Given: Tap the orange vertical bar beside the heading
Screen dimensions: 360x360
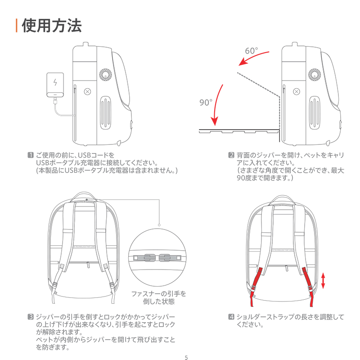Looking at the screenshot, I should coord(17,26).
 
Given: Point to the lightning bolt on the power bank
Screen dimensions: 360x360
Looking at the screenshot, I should coord(55,83).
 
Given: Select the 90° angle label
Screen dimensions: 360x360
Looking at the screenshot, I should coord(206,103).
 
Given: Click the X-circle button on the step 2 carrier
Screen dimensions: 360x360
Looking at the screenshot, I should coord(296,91).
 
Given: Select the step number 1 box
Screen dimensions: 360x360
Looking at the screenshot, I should coord(31,155).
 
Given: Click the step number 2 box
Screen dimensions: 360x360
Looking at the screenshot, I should coord(231,155).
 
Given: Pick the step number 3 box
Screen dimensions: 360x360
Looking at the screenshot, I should coord(31,316).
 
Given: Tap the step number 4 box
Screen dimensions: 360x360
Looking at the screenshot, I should coord(231,316).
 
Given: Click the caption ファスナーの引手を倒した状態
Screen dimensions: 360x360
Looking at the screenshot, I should coord(158,297).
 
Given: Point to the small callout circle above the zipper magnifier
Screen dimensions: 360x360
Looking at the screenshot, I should coord(159,225).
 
